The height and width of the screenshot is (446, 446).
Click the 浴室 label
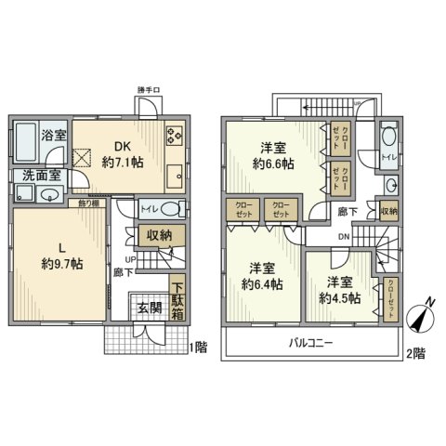[x=52, y=136]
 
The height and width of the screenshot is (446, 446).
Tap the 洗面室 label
[x=35, y=175]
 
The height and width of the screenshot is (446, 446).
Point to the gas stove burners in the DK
[x=173, y=136]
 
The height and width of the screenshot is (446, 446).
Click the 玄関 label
[x=151, y=308]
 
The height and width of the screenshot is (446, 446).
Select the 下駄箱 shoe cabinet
[x=177, y=296]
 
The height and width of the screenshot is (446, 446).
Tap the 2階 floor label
[x=415, y=352]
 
